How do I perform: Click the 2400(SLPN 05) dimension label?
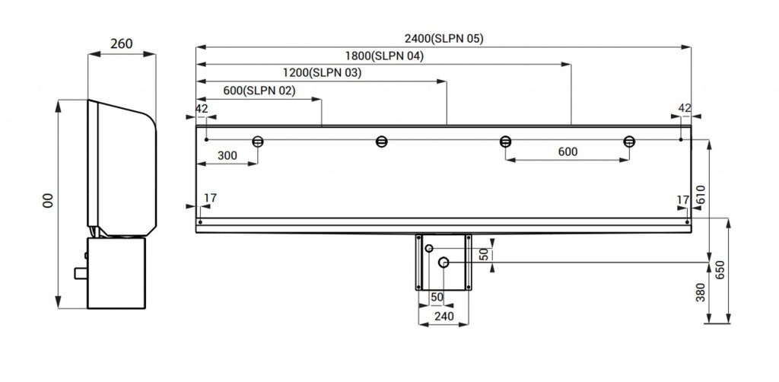tap(444, 38)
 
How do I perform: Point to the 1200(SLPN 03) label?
tap(322, 73)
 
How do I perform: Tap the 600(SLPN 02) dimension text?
tap(259, 91)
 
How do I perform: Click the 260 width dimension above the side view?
tap(122, 43)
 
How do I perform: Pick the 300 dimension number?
tap(226, 155)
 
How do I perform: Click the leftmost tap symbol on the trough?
tap(258, 141)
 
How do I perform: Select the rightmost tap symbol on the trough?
tap(629, 141)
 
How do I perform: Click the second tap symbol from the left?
tap(382, 141)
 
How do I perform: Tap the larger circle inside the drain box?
tap(444, 263)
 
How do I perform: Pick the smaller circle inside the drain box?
tap(430, 249)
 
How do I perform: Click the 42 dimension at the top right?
tap(685, 108)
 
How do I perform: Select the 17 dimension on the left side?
tap(210, 198)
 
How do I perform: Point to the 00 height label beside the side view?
tap(47, 200)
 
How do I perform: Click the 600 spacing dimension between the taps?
tap(567, 151)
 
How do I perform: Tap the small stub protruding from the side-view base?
tap(80, 272)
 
